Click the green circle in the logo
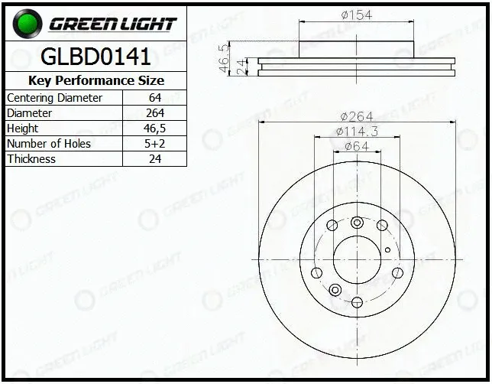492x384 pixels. point(28,24)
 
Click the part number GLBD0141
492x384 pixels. point(95,57)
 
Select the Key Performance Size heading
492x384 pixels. point(96,81)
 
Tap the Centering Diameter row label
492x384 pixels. point(54,98)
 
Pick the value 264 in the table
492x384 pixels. point(155,112)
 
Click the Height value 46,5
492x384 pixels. point(154,129)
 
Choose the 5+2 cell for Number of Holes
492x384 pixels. point(154,144)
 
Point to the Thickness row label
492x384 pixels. point(31,158)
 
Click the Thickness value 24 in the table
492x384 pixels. point(155,158)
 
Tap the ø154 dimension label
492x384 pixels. point(357,15)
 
